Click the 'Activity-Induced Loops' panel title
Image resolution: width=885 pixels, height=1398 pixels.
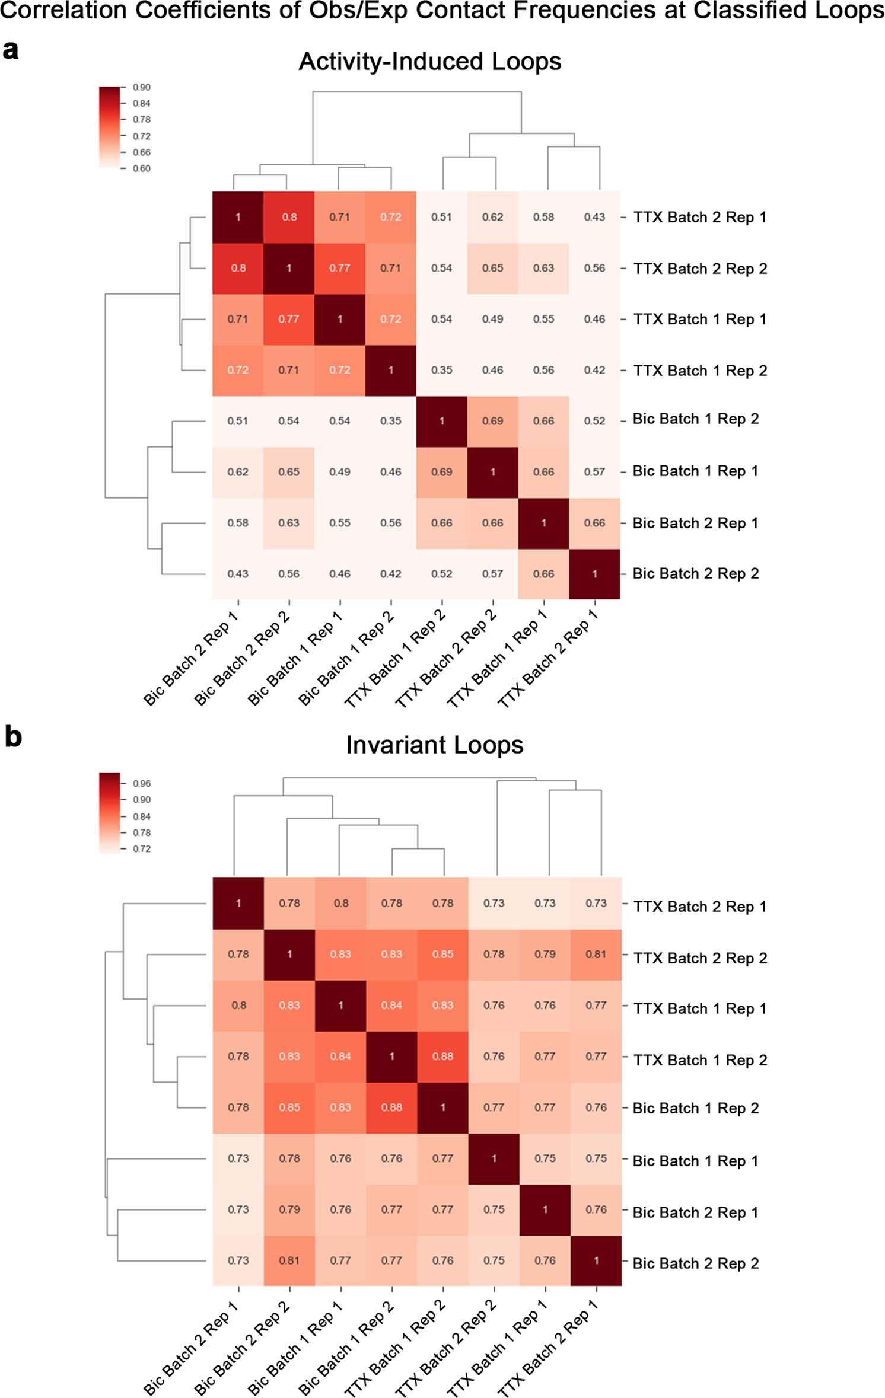pos(429,62)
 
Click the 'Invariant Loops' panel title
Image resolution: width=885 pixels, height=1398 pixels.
pos(434,745)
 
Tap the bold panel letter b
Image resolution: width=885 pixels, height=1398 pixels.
pos(12,737)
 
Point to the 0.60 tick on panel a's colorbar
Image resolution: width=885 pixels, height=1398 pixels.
pos(141,168)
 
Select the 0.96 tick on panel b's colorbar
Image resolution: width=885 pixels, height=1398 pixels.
pos(141,783)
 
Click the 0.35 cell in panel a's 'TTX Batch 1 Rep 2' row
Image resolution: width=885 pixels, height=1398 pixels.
pos(441,370)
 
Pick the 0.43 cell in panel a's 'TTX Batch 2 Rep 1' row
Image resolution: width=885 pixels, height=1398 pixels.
pos(594,217)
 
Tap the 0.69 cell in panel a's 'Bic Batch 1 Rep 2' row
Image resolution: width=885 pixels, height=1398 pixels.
pos(492,421)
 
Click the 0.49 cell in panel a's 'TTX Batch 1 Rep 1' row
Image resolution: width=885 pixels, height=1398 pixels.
pos(492,319)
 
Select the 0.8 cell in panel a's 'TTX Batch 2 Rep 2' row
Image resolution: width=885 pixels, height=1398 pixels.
pos(238,268)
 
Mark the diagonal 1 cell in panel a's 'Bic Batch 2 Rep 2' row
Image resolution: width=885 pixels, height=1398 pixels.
pos(594,574)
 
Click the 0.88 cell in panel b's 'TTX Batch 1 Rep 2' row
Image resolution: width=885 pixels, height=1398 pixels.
pos(442,1056)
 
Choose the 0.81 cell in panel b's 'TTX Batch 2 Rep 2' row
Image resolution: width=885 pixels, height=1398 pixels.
pos(596,954)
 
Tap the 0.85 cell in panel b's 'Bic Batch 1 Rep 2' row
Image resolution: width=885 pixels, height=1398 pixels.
pos(289,1107)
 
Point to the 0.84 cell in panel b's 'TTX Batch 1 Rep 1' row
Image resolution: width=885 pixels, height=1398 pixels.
pos(391,1005)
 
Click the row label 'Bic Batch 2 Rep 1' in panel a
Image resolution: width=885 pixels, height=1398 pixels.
pos(695,523)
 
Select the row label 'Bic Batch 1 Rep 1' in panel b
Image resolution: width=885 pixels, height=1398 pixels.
pos(695,1161)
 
